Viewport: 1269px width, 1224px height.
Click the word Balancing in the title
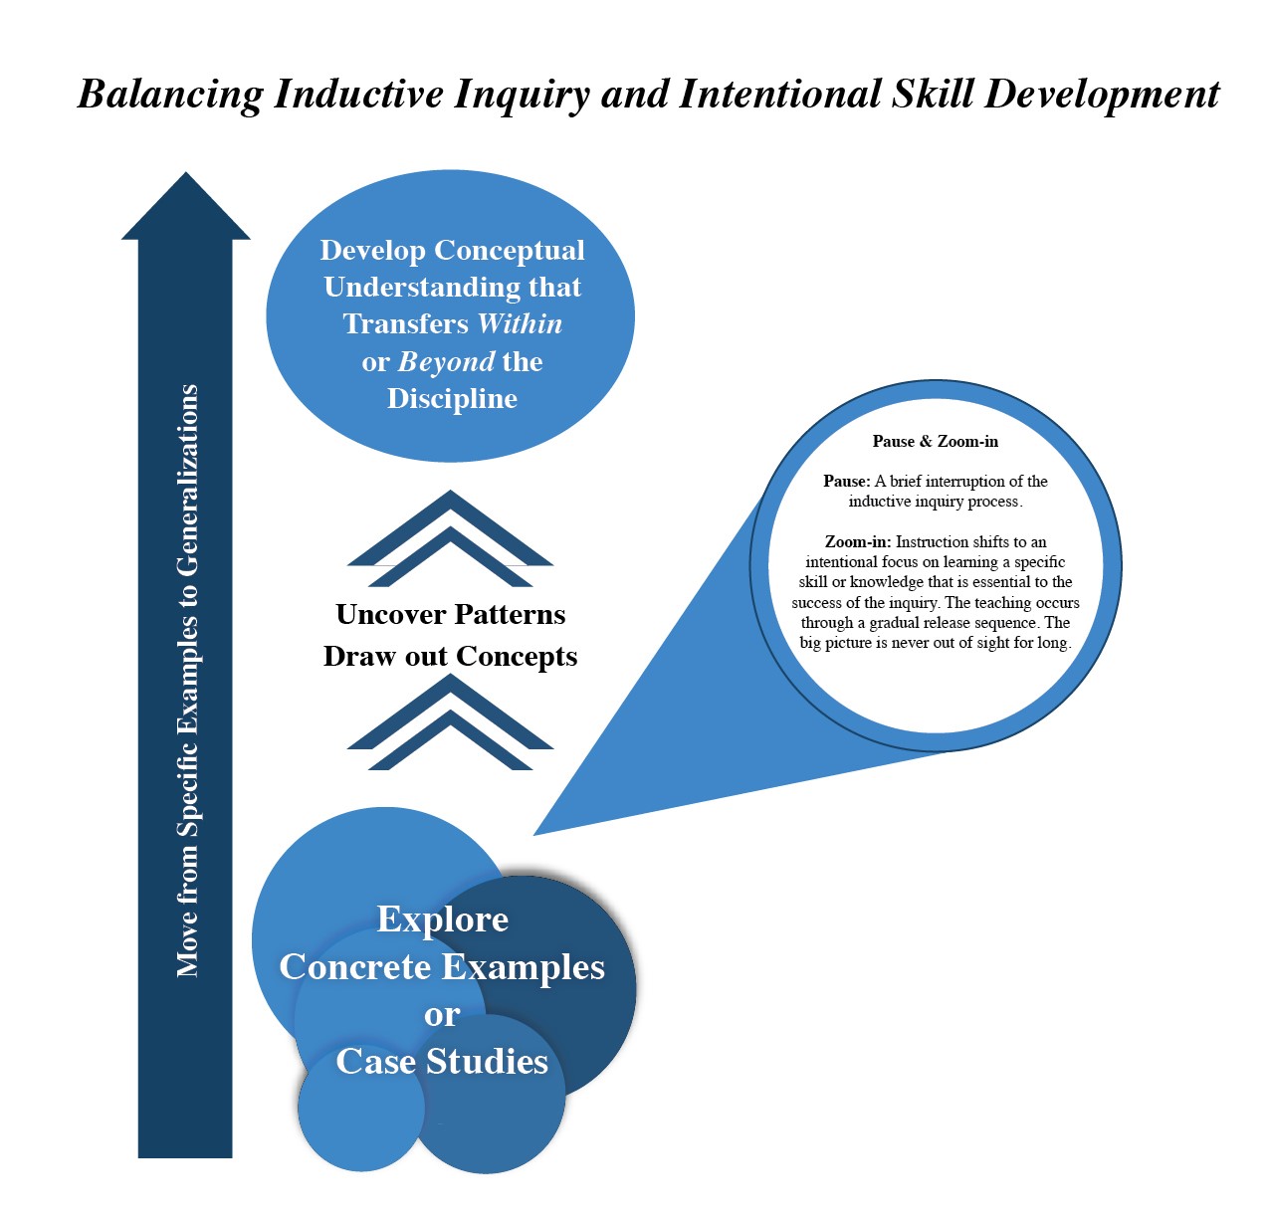point(170,95)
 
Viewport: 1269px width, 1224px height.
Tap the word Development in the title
point(1102,95)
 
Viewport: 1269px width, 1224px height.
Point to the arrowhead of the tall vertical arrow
point(186,172)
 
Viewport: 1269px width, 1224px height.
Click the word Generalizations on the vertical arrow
point(187,481)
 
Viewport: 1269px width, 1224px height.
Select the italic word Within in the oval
point(520,324)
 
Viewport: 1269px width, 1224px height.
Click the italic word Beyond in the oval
point(447,362)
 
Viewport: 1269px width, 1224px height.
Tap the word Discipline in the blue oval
point(452,398)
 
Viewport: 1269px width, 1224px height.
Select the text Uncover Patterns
point(451,615)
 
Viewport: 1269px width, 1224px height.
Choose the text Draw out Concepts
point(451,656)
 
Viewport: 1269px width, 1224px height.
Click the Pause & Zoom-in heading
point(936,442)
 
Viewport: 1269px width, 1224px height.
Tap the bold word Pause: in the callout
point(846,482)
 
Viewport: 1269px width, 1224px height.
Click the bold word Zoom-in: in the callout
point(858,542)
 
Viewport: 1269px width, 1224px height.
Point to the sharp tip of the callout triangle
point(534,835)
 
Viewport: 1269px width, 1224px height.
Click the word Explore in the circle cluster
point(443,919)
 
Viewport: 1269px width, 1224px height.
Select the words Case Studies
point(442,1061)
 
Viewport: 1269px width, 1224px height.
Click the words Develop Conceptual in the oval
point(452,251)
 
